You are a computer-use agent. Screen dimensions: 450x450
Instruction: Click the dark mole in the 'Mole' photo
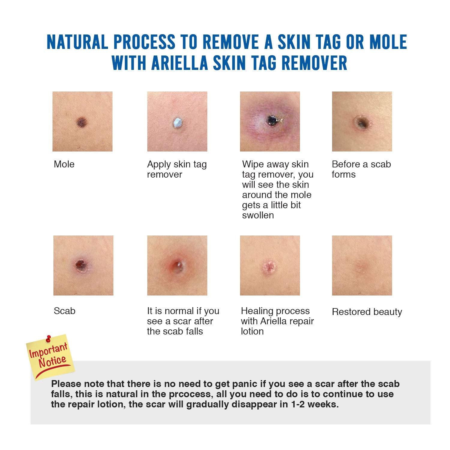pyautogui.click(x=82, y=122)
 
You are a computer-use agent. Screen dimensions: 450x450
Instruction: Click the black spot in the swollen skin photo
pyautogui.click(x=272, y=121)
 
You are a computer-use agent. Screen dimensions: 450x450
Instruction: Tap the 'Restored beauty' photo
pyautogui.click(x=362, y=265)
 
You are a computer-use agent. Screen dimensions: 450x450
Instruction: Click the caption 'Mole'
pyautogui.click(x=64, y=164)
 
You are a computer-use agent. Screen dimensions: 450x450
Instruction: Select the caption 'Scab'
pyautogui.click(x=64, y=311)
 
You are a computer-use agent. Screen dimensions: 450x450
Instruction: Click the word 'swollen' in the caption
pyautogui.click(x=258, y=215)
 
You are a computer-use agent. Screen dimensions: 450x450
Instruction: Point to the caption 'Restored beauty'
pyautogui.click(x=367, y=312)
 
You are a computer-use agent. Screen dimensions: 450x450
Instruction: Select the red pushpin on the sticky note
pyautogui.click(x=48, y=339)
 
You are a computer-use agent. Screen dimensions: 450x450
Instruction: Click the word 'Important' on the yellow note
pyautogui.click(x=48, y=350)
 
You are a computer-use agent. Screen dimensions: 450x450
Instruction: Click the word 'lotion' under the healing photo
pyautogui.click(x=252, y=331)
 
